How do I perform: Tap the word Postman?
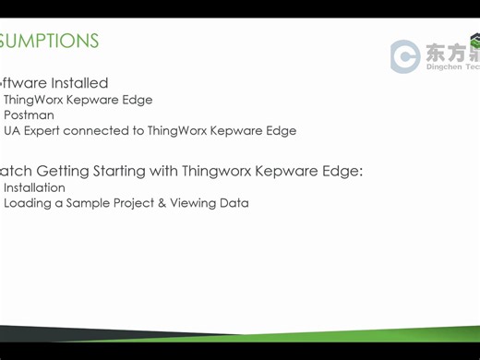29,115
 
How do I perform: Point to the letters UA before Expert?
12,131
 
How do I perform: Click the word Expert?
42,131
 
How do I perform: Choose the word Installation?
34,187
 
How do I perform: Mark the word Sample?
87,203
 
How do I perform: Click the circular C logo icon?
404,56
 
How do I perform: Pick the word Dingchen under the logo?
443,66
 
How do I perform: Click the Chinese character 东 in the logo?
436,53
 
